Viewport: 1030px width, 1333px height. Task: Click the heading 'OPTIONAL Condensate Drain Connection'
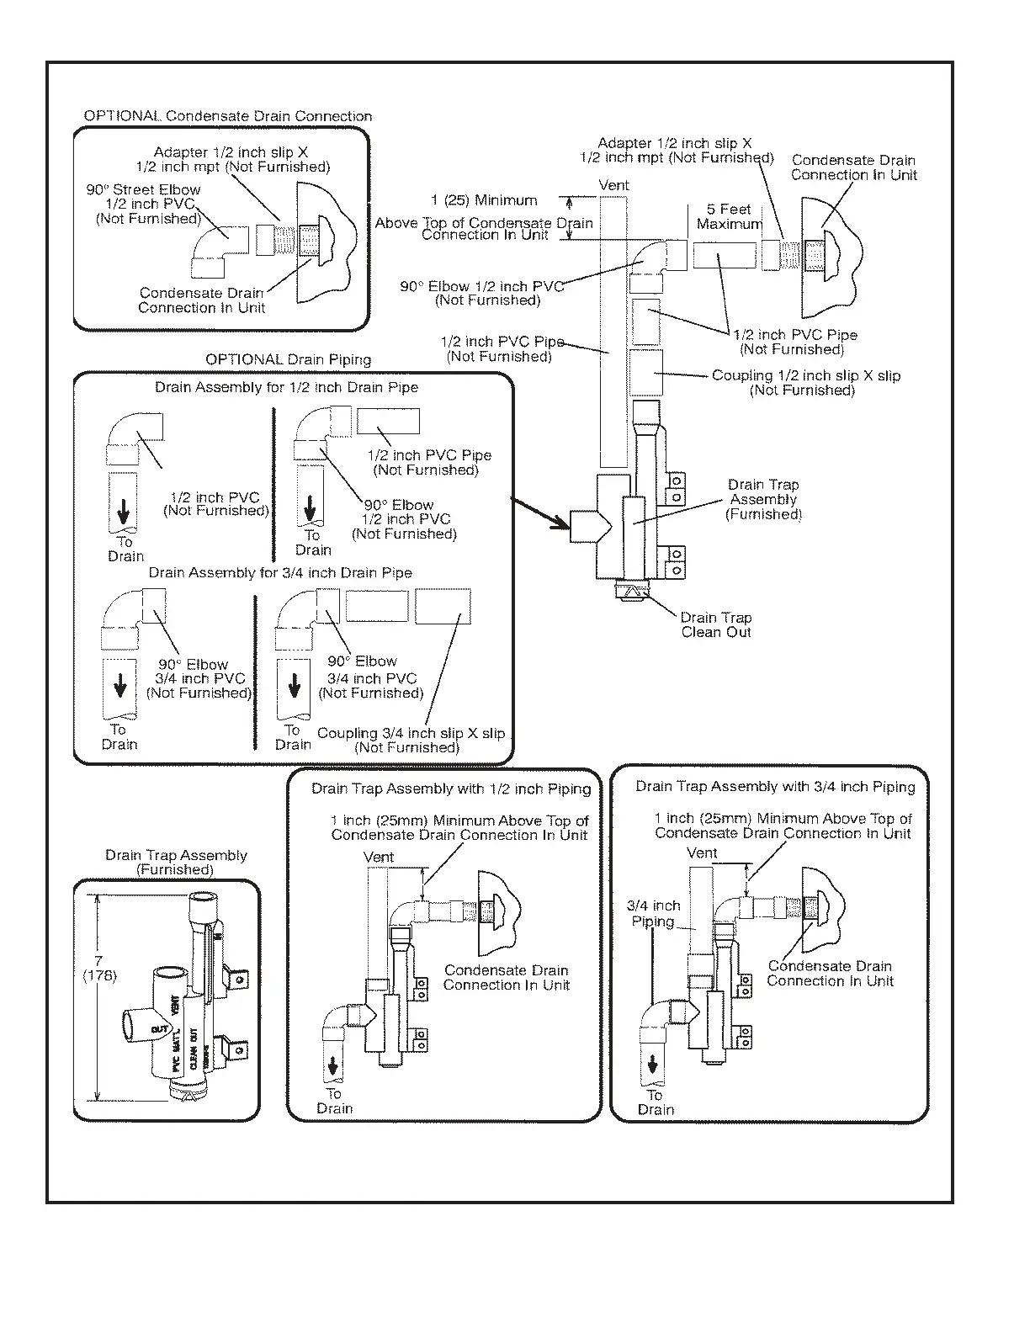(x=227, y=116)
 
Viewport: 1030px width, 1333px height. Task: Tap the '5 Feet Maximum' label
(x=730, y=216)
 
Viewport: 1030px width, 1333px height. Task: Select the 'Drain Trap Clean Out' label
(x=716, y=624)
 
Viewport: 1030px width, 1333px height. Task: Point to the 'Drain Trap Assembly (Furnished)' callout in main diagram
(x=763, y=499)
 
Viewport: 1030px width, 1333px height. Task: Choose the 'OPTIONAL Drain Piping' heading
(x=289, y=359)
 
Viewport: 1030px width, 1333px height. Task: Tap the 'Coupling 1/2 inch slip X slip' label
(x=805, y=382)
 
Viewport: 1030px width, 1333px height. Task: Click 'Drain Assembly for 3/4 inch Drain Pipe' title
(x=280, y=572)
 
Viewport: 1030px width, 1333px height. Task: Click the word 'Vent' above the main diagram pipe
(x=613, y=185)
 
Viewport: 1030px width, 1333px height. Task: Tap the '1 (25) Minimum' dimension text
(x=484, y=200)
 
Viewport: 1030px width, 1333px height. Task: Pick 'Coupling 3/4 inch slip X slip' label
(x=411, y=740)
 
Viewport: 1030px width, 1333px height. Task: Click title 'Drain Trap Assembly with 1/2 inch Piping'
(x=451, y=789)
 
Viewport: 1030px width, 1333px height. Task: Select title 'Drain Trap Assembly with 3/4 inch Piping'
(x=775, y=787)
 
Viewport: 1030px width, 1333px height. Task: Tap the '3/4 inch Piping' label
(x=653, y=913)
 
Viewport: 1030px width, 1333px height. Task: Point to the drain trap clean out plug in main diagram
(x=632, y=592)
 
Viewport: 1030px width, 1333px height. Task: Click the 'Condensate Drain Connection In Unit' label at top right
(x=853, y=167)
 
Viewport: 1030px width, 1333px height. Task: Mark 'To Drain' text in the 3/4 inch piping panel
(x=656, y=1102)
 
